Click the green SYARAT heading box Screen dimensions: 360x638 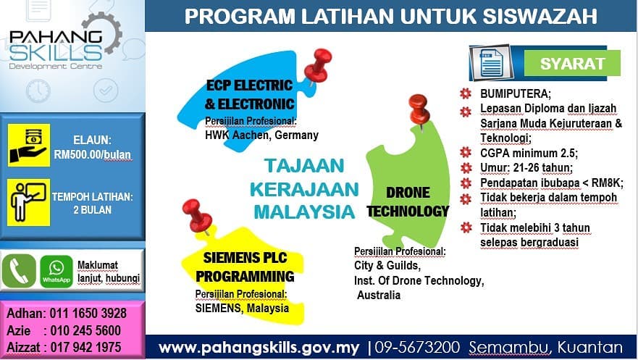tap(572, 63)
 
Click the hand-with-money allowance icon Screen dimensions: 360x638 tap(29, 145)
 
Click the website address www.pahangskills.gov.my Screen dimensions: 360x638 tap(259, 348)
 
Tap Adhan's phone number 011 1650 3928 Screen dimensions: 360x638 tap(88, 314)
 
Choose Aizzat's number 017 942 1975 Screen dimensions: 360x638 tap(88, 347)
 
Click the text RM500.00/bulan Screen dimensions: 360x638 tap(92, 155)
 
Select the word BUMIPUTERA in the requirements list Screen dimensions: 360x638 tap(516, 94)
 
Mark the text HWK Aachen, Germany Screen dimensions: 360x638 tap(261, 135)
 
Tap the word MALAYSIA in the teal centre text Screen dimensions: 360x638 tap(304, 212)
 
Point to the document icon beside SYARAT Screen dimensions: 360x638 tap(490, 63)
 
